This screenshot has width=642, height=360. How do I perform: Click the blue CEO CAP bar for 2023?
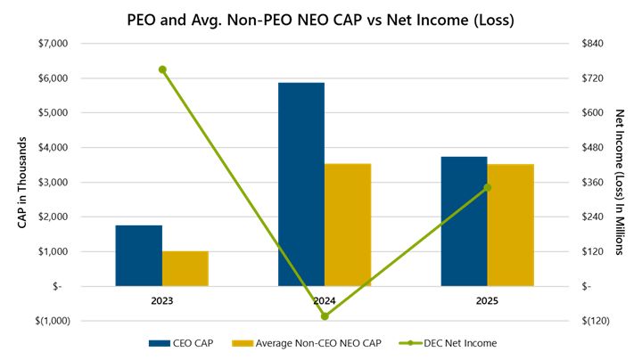pyautogui.click(x=139, y=256)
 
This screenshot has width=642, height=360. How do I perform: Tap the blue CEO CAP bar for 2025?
pyautogui.click(x=465, y=221)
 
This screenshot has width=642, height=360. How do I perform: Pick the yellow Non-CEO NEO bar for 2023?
pyautogui.click(x=185, y=268)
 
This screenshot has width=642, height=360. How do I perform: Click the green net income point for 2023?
pyautogui.click(x=162, y=70)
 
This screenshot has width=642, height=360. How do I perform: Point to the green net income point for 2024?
pyautogui.click(x=325, y=316)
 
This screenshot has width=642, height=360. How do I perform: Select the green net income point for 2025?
pyautogui.click(x=487, y=188)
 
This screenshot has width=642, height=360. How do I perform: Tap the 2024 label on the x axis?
pyautogui.click(x=325, y=301)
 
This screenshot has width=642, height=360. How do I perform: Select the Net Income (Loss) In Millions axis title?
pyautogui.click(x=621, y=183)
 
